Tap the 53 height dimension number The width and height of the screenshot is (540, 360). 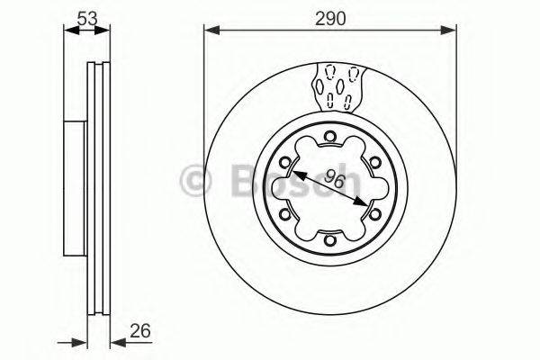pos(86,17)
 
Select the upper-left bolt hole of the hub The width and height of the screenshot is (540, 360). pos(286,163)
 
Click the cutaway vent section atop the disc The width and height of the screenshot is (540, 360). pos(339,85)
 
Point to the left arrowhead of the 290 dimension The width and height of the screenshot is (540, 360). pos(210,31)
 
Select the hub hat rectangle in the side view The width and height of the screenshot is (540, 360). pos(77,188)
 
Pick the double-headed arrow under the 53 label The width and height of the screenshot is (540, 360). pos(86,31)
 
